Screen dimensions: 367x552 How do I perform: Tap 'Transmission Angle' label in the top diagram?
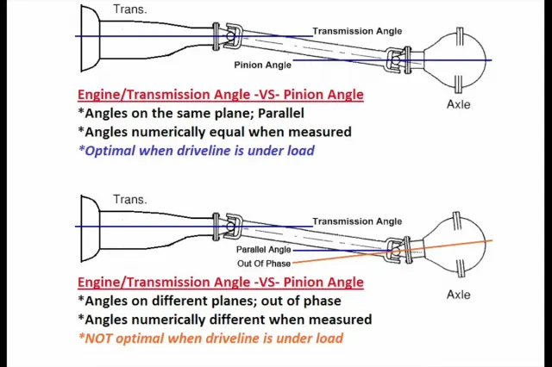(x=357, y=31)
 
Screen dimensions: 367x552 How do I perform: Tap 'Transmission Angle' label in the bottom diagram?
(x=357, y=221)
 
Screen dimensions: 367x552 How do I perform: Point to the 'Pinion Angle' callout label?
(x=262, y=65)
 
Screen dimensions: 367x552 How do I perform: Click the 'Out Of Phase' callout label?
(x=264, y=263)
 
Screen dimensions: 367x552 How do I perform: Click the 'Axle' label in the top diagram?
(x=458, y=104)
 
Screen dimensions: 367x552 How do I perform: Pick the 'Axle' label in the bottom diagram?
(x=458, y=295)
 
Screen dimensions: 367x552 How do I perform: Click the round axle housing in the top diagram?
(x=460, y=59)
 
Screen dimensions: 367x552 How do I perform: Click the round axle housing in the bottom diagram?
(x=460, y=250)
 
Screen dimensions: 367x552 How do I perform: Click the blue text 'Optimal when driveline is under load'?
(x=199, y=151)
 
